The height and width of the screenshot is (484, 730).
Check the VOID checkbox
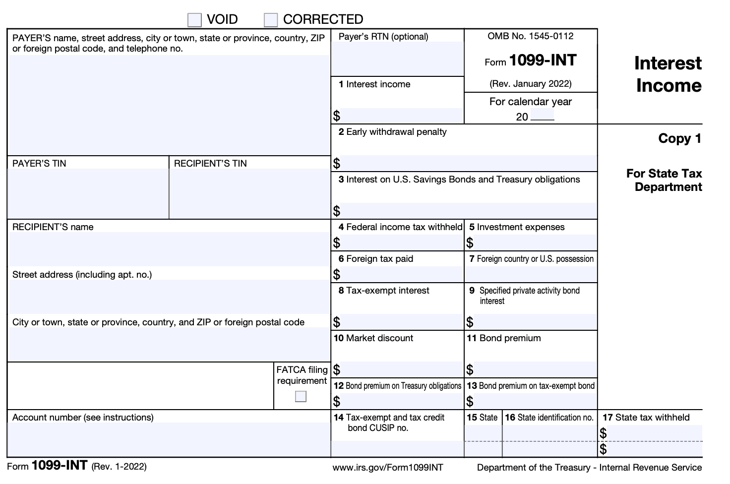coord(194,20)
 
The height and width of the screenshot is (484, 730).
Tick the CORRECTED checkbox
coord(271,20)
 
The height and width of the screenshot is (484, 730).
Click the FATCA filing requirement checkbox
coord(301,396)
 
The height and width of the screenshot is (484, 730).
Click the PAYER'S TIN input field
coord(88,193)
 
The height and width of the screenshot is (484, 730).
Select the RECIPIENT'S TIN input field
coord(249,193)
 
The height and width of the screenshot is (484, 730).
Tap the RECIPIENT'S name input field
coord(169,249)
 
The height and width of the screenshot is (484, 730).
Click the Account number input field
coord(169,439)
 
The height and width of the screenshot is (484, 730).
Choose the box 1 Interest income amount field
coord(401,116)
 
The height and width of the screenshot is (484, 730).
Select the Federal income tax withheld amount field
coord(401,242)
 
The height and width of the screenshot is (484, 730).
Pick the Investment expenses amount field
coord(535,242)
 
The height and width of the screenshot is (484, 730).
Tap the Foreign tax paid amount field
coord(401,274)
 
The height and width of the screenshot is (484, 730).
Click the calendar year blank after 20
coord(542,117)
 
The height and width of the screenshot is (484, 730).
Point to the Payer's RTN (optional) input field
coord(398,59)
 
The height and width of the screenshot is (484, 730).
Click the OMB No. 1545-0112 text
coord(531,36)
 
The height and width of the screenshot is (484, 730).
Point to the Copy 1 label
coord(679,138)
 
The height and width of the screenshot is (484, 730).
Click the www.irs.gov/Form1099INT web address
coord(388,467)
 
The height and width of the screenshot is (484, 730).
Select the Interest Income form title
coord(668,74)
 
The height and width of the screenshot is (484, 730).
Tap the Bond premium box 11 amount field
coord(535,369)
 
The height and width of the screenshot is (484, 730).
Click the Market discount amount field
coord(401,369)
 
